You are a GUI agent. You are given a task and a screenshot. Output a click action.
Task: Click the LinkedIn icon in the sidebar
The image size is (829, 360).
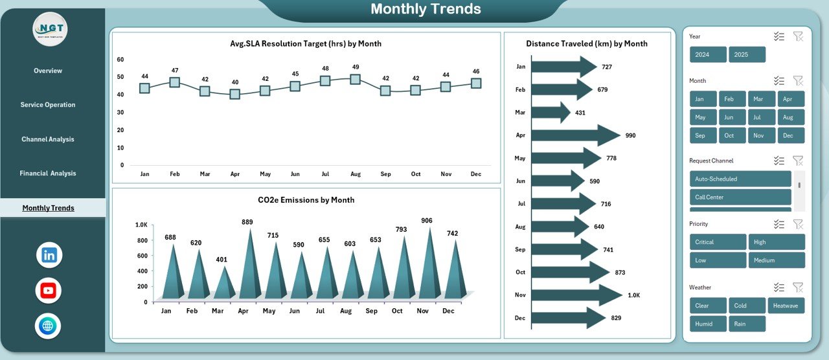(49, 255)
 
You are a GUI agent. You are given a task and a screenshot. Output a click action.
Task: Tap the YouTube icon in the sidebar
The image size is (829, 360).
(49, 291)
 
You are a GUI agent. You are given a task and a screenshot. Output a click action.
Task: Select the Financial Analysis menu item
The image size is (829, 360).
(48, 174)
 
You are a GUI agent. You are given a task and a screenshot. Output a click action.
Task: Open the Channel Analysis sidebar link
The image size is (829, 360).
(48, 139)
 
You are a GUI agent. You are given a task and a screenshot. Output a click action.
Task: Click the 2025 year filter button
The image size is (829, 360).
(747, 54)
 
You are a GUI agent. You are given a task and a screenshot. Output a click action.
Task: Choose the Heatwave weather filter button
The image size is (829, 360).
(786, 306)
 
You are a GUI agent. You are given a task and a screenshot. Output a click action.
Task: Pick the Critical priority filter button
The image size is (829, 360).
(718, 242)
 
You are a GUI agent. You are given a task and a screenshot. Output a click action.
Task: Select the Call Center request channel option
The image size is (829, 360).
(740, 197)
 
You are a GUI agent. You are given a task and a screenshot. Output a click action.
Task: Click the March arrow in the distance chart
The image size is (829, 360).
(551, 113)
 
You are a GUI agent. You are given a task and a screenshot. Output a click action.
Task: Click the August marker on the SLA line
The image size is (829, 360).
(355, 79)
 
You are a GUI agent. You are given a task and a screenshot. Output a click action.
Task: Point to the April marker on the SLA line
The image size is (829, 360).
(234, 94)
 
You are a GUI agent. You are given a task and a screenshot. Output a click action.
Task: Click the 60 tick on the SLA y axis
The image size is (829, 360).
(120, 60)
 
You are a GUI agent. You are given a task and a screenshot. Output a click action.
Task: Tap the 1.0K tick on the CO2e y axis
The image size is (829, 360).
(141, 225)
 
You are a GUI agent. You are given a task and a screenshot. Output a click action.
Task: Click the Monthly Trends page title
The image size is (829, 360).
(426, 9)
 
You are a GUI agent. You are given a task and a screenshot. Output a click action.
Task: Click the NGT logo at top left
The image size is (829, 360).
(50, 29)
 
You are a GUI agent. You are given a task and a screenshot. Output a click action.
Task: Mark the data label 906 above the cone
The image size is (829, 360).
(427, 221)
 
